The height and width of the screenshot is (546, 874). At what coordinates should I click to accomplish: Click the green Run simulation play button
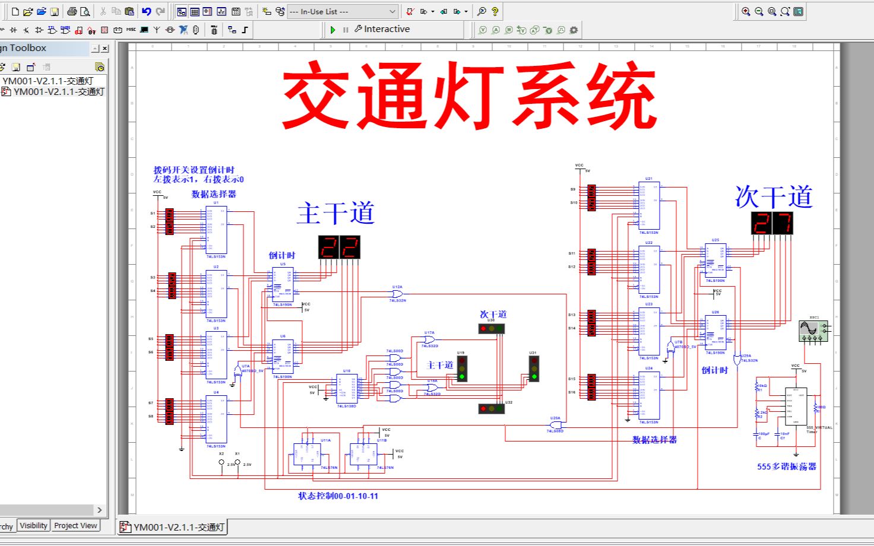[x=332, y=30]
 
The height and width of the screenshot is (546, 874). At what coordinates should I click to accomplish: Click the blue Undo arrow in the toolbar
[x=146, y=11]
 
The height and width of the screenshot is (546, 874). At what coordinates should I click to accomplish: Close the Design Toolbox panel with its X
[x=105, y=49]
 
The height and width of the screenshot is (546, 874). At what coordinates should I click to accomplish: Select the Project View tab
[x=75, y=526]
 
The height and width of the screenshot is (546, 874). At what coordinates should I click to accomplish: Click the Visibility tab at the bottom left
[x=33, y=526]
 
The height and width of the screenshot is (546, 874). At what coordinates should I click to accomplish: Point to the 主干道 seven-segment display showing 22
[x=339, y=247]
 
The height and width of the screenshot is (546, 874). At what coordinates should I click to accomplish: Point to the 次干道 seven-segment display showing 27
[x=772, y=223]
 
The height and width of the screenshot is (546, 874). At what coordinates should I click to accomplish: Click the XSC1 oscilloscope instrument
[x=812, y=331]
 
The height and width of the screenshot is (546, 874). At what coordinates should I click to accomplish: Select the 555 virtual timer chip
[x=796, y=406]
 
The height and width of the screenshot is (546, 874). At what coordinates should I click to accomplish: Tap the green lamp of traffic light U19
[x=462, y=376]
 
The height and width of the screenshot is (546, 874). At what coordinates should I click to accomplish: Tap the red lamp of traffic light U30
[x=483, y=329]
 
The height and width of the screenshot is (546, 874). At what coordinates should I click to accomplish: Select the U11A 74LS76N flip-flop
[x=308, y=454]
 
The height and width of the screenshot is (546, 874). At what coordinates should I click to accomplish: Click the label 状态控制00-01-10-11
[x=338, y=496]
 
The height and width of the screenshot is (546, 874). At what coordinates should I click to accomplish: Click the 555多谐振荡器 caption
[x=786, y=466]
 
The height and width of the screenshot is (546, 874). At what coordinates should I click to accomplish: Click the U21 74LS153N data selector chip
[x=649, y=205]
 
